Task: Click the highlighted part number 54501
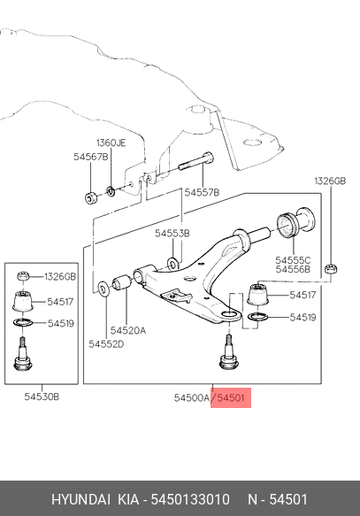pyautogui.click(x=231, y=398)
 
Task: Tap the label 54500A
pyautogui.click(x=192, y=398)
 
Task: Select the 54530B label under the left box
pyautogui.click(x=42, y=397)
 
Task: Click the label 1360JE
pyautogui.click(x=111, y=143)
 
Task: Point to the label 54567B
pyautogui.click(x=91, y=157)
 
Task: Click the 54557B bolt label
pyautogui.click(x=202, y=193)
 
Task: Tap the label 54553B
pyautogui.click(x=172, y=234)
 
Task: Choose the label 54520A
pyautogui.click(x=128, y=330)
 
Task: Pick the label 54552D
pyautogui.click(x=106, y=344)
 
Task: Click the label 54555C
pyautogui.click(x=293, y=260)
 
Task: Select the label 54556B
pyautogui.click(x=293, y=270)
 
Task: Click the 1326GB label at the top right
pyautogui.click(x=330, y=181)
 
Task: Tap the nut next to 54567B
pyautogui.click(x=90, y=198)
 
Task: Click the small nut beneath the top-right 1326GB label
pyautogui.click(x=330, y=269)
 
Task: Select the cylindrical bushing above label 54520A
pyautogui.click(x=121, y=282)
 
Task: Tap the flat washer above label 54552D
pyautogui.click(x=103, y=289)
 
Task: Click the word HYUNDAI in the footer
pyautogui.click(x=80, y=499)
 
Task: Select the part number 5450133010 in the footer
pyautogui.click(x=190, y=499)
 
